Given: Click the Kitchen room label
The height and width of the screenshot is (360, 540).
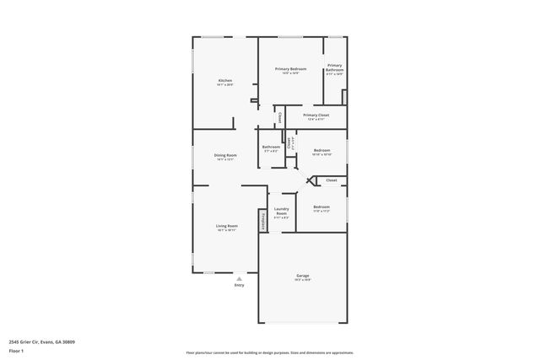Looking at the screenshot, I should coord(224,80).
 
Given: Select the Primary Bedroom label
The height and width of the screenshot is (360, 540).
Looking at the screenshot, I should coord(290,68).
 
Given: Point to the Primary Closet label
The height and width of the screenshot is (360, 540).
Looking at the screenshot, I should coord(316,115).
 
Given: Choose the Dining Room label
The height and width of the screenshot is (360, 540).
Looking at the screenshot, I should coord(225,155).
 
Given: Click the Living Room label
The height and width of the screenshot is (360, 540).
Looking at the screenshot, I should coord(226,226).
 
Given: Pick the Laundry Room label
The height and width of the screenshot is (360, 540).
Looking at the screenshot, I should coord(282,211).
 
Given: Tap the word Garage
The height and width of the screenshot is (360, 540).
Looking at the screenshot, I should coord(303,276).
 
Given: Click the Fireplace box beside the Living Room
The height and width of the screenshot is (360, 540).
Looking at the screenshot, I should coord(263,221).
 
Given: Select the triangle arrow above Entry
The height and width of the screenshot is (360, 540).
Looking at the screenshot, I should coord(239,279).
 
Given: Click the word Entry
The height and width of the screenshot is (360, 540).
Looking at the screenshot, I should coord(239,286).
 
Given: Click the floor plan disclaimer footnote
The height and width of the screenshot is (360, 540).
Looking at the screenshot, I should coord(270,352).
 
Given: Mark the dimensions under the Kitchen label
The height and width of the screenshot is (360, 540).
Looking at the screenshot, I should coord(224,85).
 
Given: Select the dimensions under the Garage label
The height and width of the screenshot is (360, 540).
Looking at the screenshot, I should coord(303,281).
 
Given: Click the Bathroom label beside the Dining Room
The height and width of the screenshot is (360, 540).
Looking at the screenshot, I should coord(271,147).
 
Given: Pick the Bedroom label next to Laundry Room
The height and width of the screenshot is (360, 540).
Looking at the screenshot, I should coord(321,207).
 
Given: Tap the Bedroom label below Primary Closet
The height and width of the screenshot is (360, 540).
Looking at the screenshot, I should coord(322,150).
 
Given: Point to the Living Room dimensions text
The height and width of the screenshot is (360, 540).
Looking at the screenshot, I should coord(226,230).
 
